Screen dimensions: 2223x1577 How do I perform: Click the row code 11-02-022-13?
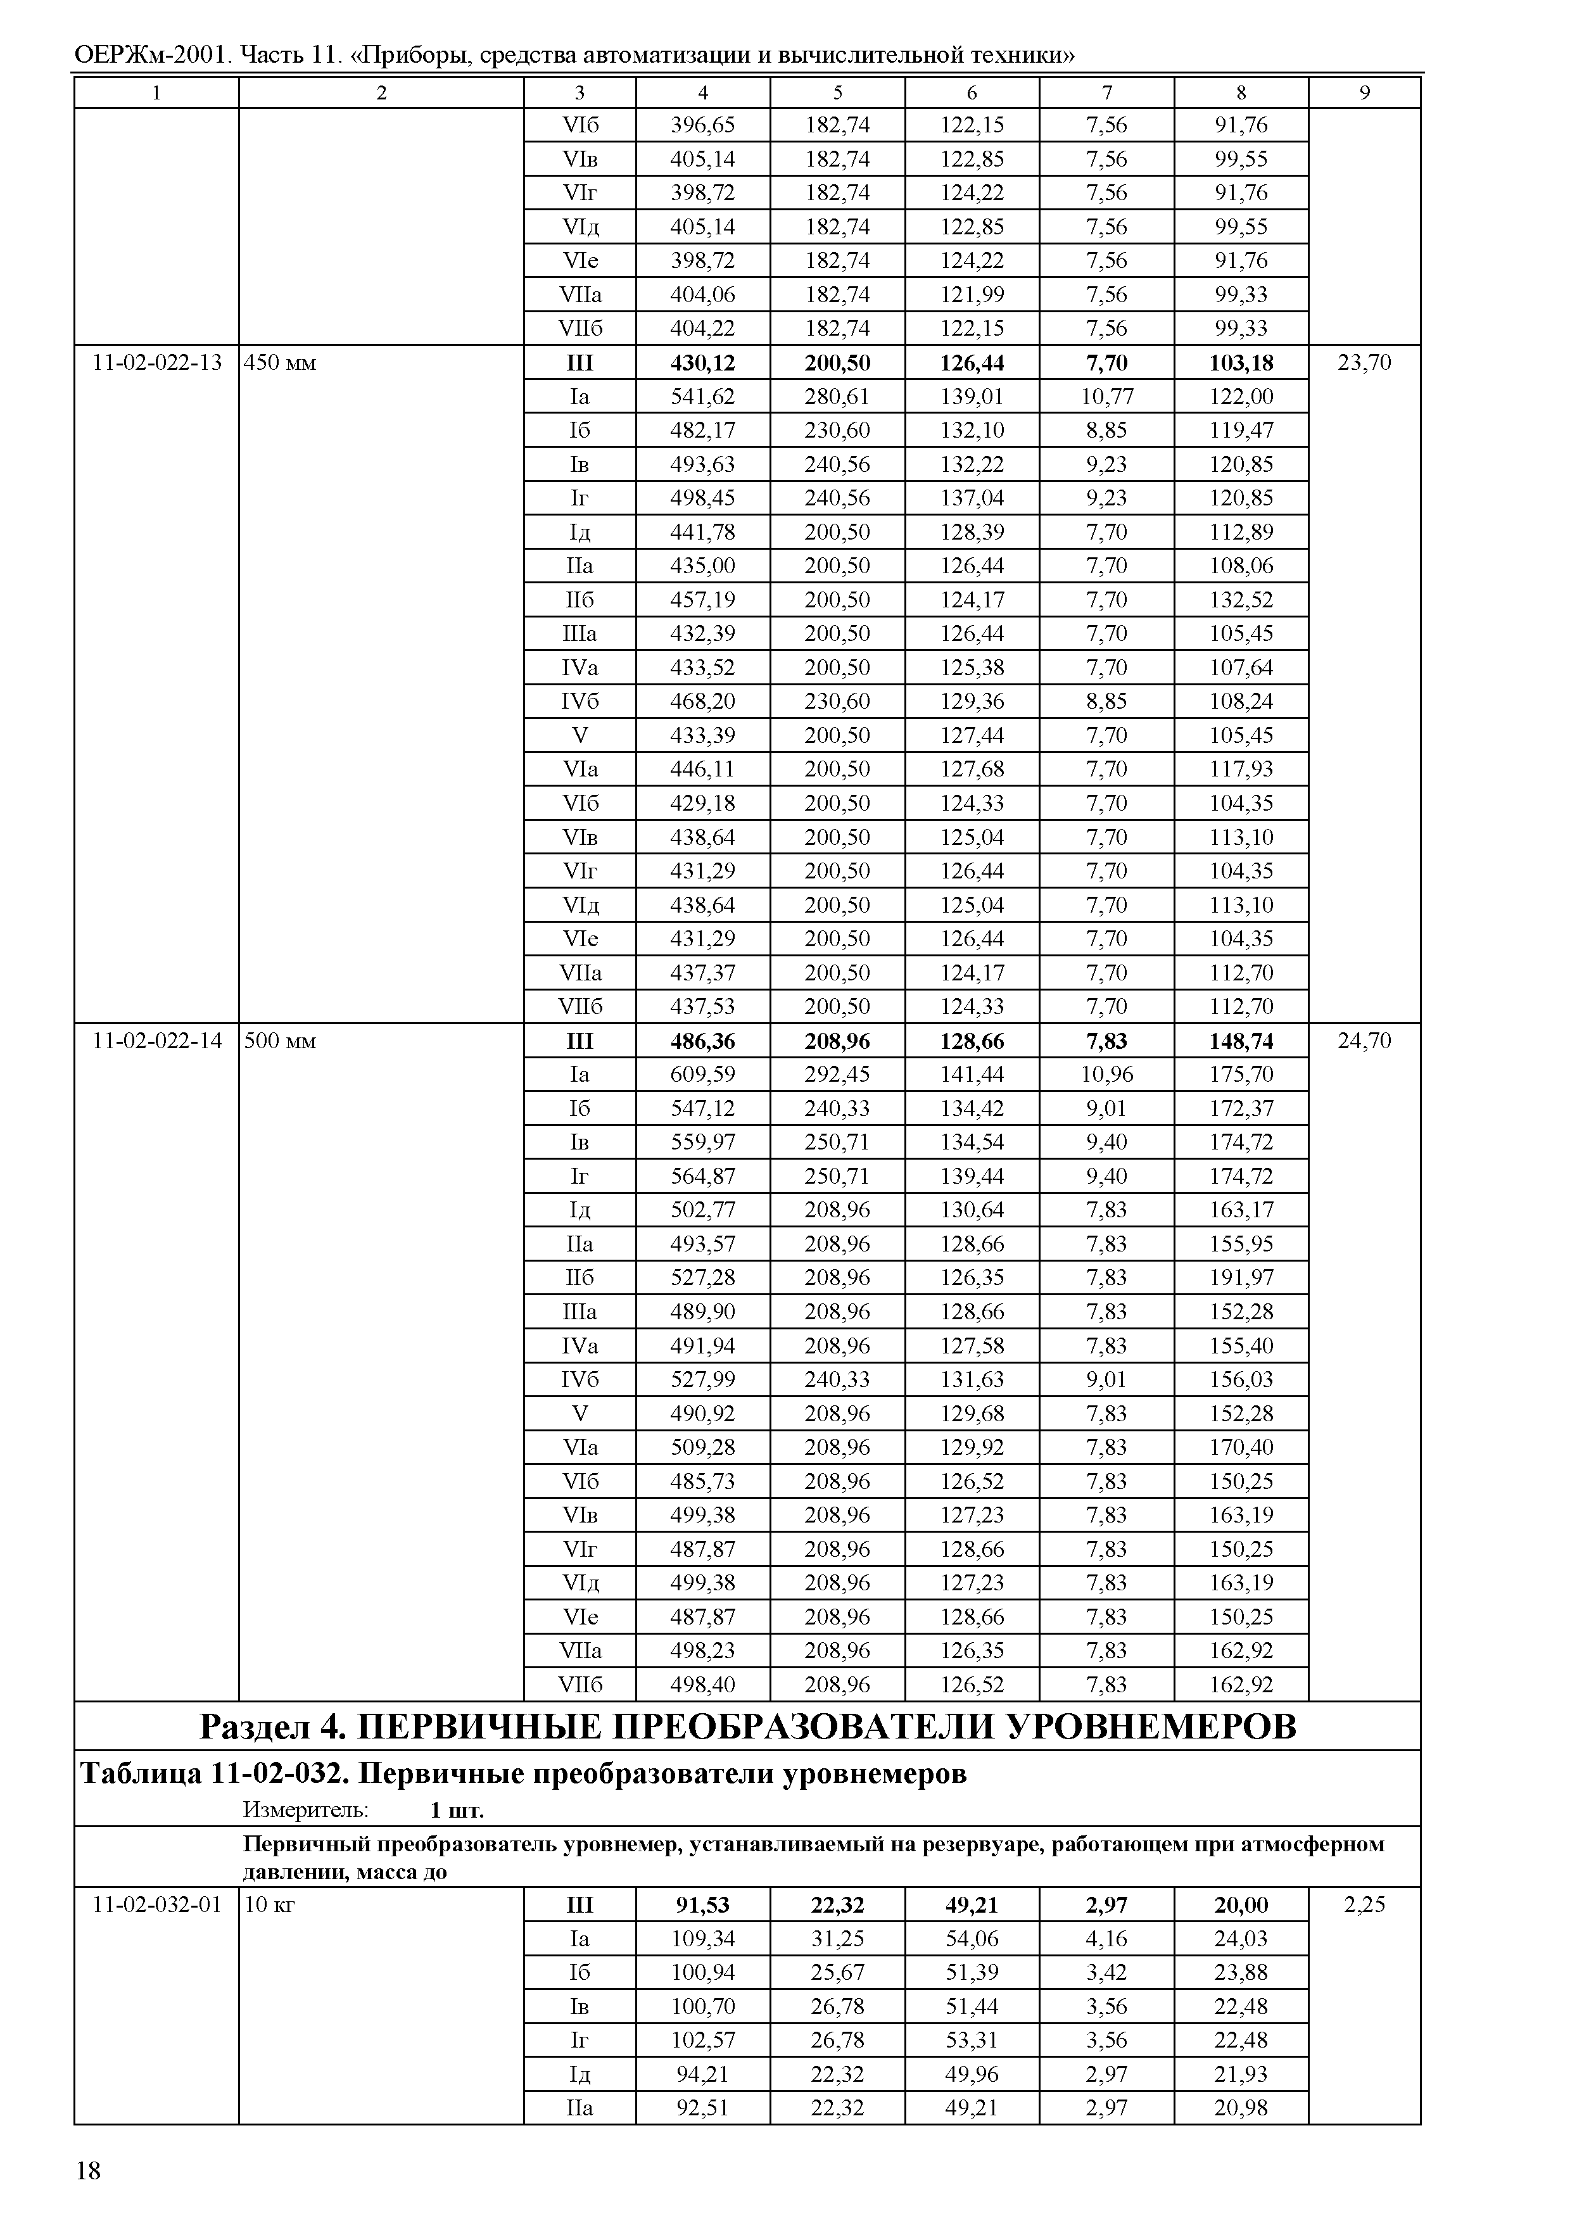(x=156, y=363)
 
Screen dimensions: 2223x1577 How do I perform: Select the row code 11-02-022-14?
(x=156, y=1041)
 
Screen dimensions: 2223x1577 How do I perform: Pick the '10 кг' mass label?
(x=269, y=1906)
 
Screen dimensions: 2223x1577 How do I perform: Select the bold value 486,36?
(x=702, y=1041)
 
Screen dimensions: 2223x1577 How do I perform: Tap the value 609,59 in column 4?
(x=702, y=1075)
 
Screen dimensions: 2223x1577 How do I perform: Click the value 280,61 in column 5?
(x=837, y=397)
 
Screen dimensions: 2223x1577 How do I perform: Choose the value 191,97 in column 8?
(x=1240, y=1278)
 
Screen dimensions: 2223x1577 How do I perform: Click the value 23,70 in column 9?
(x=1364, y=363)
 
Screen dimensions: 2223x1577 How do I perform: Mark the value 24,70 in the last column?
(x=1364, y=1041)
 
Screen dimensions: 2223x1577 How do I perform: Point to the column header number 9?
(x=1364, y=93)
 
